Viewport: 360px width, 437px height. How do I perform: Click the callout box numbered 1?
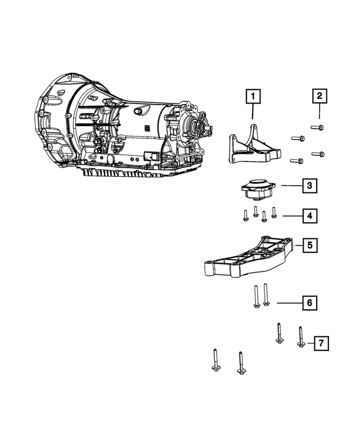253,97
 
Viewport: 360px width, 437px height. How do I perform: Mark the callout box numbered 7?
321,343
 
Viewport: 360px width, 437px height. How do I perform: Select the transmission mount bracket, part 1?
252,147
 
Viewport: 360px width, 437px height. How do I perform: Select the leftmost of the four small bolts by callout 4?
246,214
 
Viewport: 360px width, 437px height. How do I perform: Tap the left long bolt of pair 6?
255,296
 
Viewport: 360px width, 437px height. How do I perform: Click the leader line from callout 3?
291,184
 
